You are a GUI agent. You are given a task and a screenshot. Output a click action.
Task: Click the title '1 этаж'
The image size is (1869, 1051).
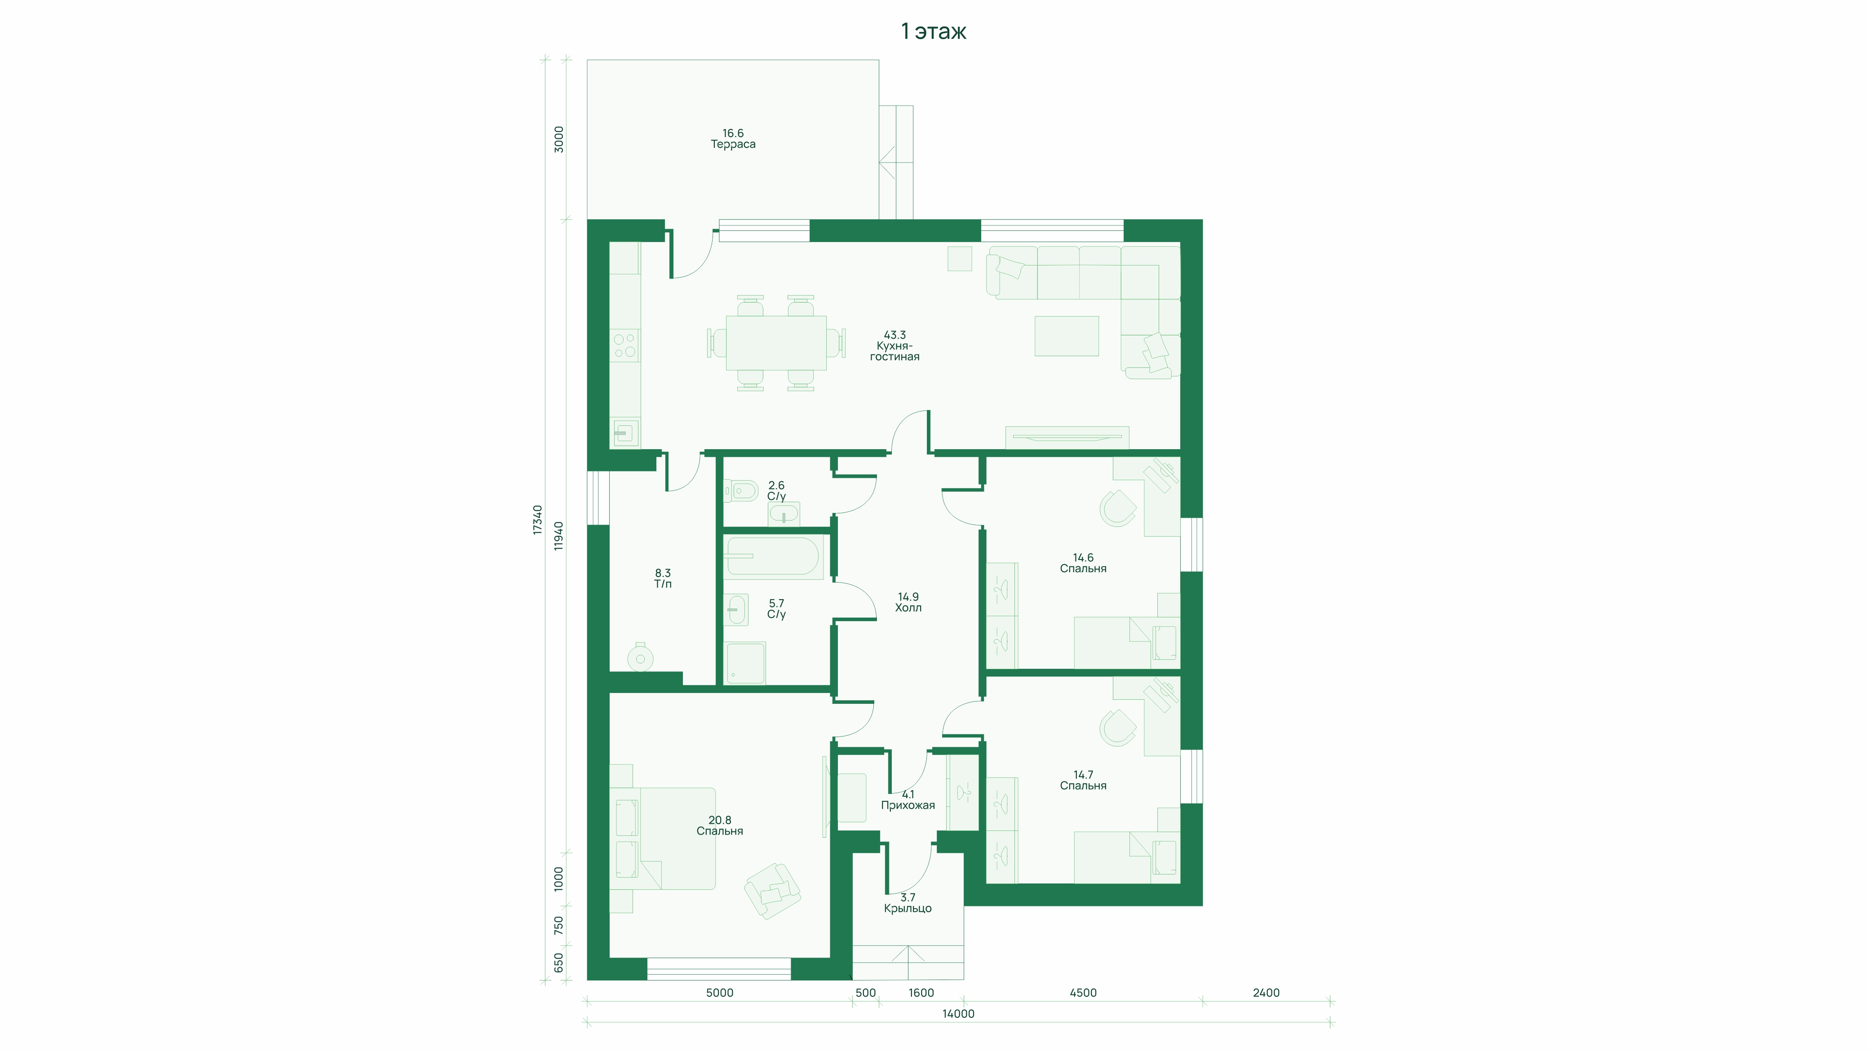(933, 31)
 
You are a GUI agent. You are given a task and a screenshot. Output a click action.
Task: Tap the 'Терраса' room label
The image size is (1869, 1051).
(733, 144)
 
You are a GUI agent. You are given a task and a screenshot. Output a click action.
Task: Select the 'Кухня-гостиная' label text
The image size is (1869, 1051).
(895, 351)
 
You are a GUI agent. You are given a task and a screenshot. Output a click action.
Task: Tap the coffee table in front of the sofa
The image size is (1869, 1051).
(1067, 336)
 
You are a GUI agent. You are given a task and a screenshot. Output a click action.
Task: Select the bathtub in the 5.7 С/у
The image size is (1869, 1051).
(773, 556)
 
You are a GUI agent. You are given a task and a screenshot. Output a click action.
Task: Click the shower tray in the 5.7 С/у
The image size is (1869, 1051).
(745, 663)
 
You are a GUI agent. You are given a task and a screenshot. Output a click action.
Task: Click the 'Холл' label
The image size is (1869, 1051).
(908, 608)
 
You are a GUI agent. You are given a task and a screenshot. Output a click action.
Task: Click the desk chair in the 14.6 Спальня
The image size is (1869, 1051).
(1117, 508)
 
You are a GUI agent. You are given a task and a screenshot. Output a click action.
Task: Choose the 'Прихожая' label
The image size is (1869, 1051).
(908, 805)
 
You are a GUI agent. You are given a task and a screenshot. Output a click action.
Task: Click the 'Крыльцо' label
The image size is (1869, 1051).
(908, 908)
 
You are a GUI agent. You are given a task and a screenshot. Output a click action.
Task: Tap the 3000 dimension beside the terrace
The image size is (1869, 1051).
(558, 139)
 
